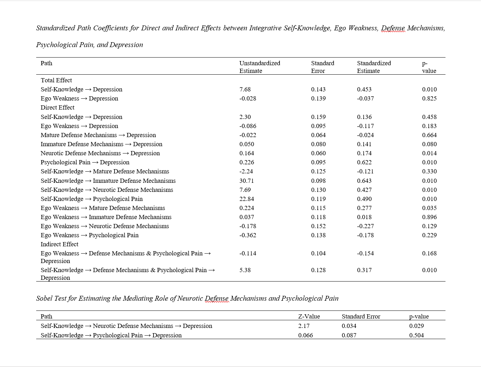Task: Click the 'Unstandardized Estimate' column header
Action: click(260, 67)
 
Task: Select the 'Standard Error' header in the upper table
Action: click(322, 67)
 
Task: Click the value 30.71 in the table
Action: click(246, 181)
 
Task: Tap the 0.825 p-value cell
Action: click(429, 98)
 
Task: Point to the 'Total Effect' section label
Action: click(56, 80)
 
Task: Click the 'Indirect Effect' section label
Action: click(59, 244)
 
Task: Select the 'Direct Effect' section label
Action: click(57, 107)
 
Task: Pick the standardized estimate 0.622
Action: click(364, 162)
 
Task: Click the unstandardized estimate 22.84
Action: click(246, 199)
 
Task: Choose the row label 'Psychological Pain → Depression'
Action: click(85, 162)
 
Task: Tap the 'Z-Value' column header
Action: click(309, 316)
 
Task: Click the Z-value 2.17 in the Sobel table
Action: click(303, 326)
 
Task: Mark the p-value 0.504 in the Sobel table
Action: click(416, 335)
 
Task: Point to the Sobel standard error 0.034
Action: click(349, 326)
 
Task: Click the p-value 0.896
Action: click(429, 217)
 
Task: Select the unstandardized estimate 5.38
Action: click(245, 270)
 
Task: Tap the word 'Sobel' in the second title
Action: click(45, 298)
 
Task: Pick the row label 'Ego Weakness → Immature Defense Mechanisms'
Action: click(106, 217)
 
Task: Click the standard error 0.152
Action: click(318, 226)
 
